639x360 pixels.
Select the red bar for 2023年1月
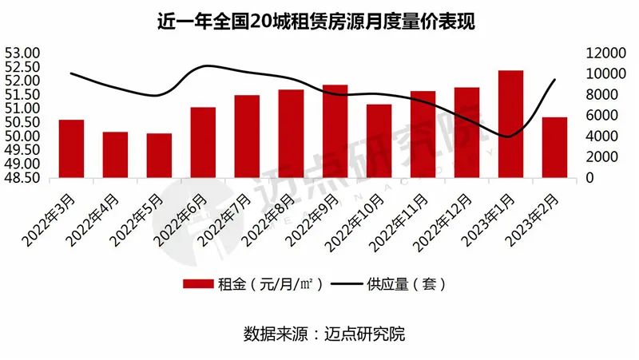click(510, 124)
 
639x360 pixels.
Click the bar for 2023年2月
click(554, 147)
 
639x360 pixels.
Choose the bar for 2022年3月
click(71, 148)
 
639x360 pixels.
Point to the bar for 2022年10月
click(379, 140)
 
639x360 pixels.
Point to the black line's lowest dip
click(509, 136)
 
